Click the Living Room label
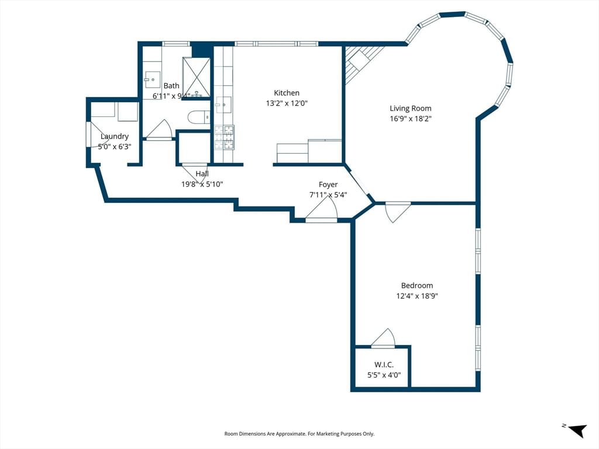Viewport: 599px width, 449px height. point(411,108)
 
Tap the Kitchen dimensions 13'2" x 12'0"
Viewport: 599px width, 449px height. point(287,103)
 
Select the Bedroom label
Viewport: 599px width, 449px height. point(416,285)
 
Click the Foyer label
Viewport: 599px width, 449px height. point(328,185)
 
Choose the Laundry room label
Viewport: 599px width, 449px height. point(114,136)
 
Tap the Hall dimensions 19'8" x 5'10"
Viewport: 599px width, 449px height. point(202,184)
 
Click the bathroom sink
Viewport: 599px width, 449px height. point(152,80)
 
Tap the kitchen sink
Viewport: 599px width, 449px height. point(223,105)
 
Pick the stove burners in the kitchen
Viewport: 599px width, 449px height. point(224,137)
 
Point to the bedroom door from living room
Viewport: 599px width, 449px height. point(397,211)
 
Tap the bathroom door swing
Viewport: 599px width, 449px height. point(159,130)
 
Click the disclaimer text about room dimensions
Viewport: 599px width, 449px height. point(299,434)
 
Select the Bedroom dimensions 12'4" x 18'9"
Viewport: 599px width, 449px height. point(416,296)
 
